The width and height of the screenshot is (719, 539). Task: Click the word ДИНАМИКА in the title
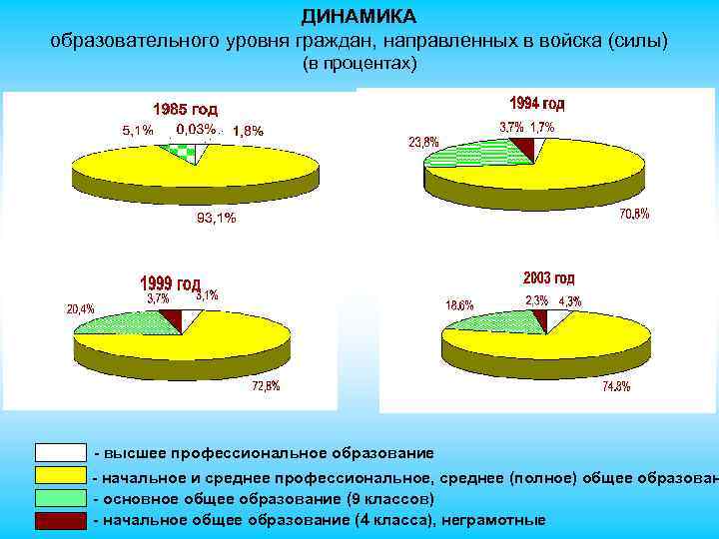(359, 17)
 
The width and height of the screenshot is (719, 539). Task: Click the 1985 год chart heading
(185, 109)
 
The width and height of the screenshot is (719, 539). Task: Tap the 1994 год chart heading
(537, 103)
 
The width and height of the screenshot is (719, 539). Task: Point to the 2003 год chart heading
(548, 277)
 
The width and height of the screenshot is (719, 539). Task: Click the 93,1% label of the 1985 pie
(216, 220)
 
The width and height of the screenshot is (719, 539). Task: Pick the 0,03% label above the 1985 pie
(196, 129)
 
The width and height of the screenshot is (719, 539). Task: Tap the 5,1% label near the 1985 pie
(138, 130)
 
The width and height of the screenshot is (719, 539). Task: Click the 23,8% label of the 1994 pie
(422, 142)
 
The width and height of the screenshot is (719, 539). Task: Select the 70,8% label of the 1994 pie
(634, 213)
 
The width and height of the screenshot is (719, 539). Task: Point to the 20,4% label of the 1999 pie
(81, 308)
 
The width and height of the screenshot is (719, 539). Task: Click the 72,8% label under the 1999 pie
(265, 386)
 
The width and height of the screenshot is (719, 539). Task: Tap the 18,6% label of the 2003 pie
(459, 304)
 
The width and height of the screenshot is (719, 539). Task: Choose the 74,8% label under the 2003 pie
(616, 387)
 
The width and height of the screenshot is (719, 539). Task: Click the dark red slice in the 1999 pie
(171, 319)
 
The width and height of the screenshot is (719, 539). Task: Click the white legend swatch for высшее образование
(60, 453)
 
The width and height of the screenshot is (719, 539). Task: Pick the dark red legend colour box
(60, 520)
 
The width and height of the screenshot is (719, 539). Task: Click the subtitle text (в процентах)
(359, 63)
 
